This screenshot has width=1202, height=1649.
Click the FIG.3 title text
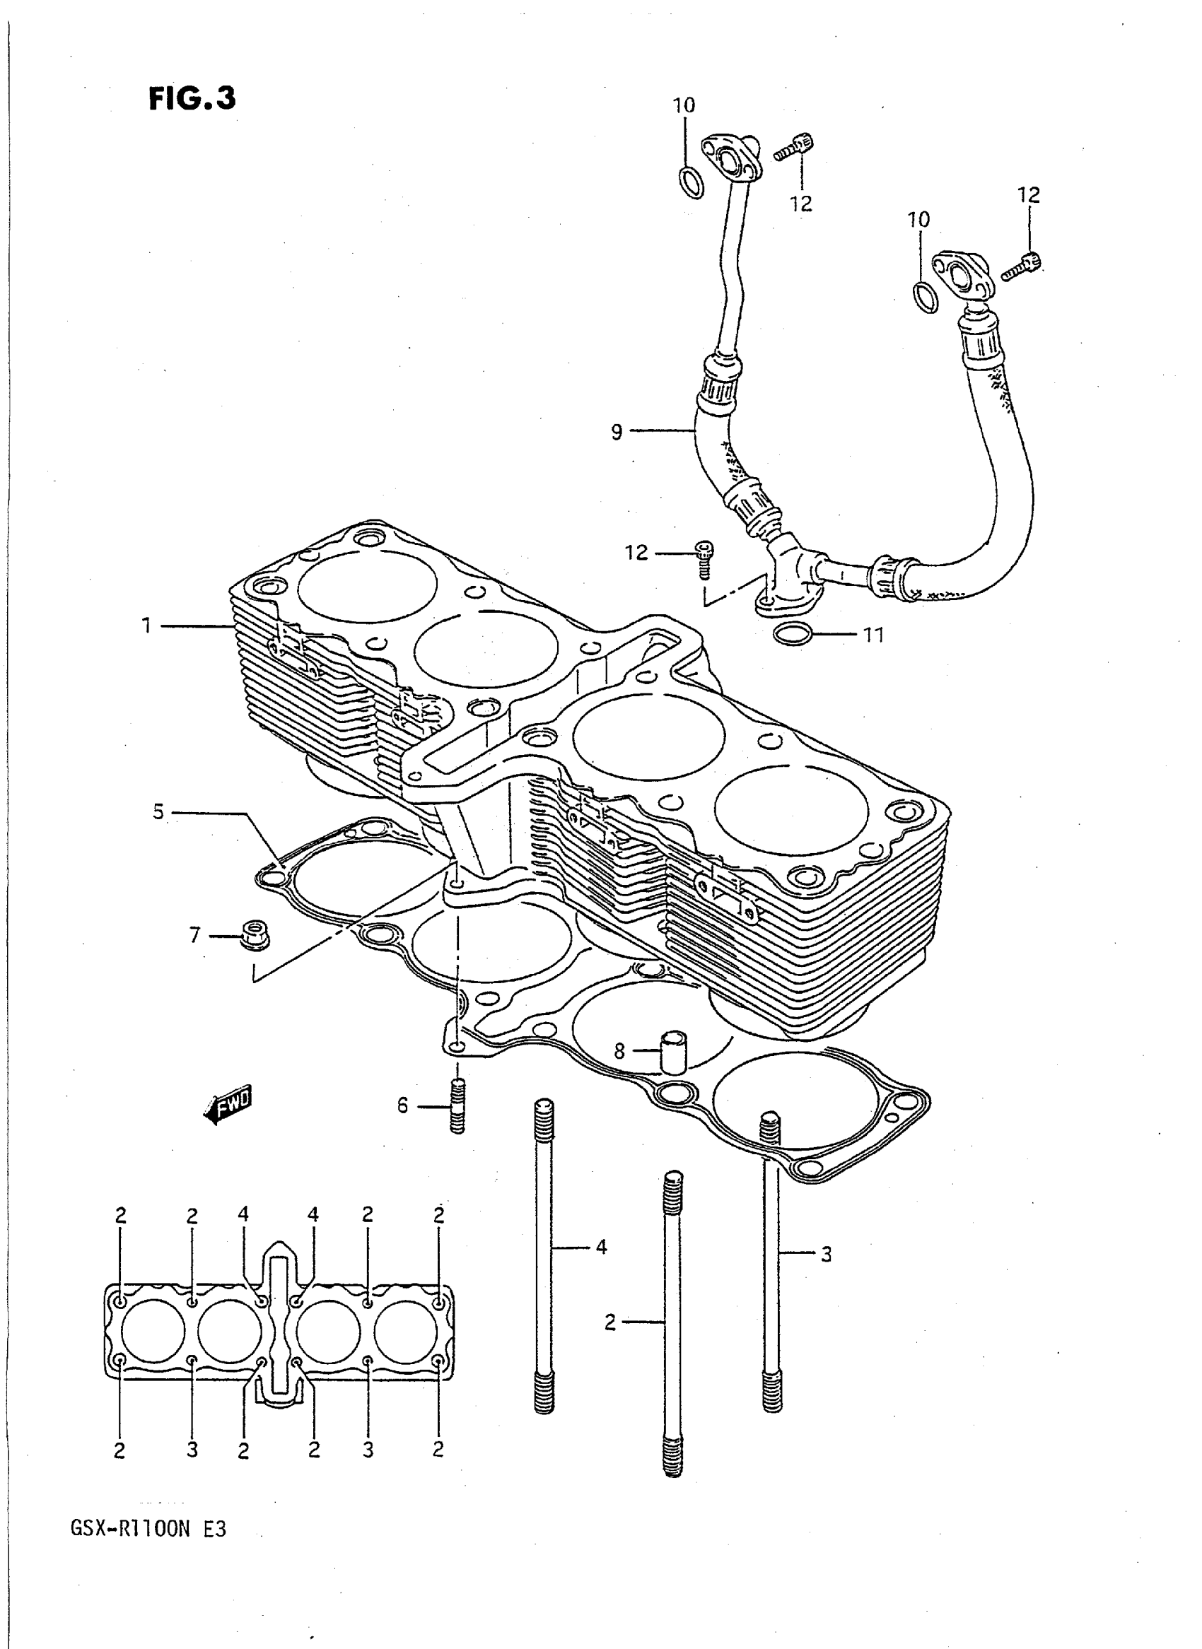tap(192, 98)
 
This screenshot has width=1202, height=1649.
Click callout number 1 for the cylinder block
tap(146, 626)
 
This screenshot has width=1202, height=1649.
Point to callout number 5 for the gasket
tap(158, 811)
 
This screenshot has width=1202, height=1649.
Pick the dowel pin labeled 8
tap(674, 1052)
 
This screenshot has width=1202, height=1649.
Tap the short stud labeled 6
tap(457, 1107)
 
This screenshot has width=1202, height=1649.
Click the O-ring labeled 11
tap(792, 634)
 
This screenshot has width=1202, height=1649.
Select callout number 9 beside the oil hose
tap(617, 432)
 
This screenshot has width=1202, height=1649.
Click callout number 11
tap(873, 635)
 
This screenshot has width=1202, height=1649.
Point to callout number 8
tap(619, 1051)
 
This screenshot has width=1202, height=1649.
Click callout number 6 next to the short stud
tap(402, 1105)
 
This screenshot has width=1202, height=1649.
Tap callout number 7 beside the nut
tap(194, 934)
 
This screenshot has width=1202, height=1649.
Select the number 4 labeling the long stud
tap(601, 1247)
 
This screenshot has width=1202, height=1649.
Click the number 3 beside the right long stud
tap(826, 1254)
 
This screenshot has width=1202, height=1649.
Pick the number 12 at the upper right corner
tap(1029, 195)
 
